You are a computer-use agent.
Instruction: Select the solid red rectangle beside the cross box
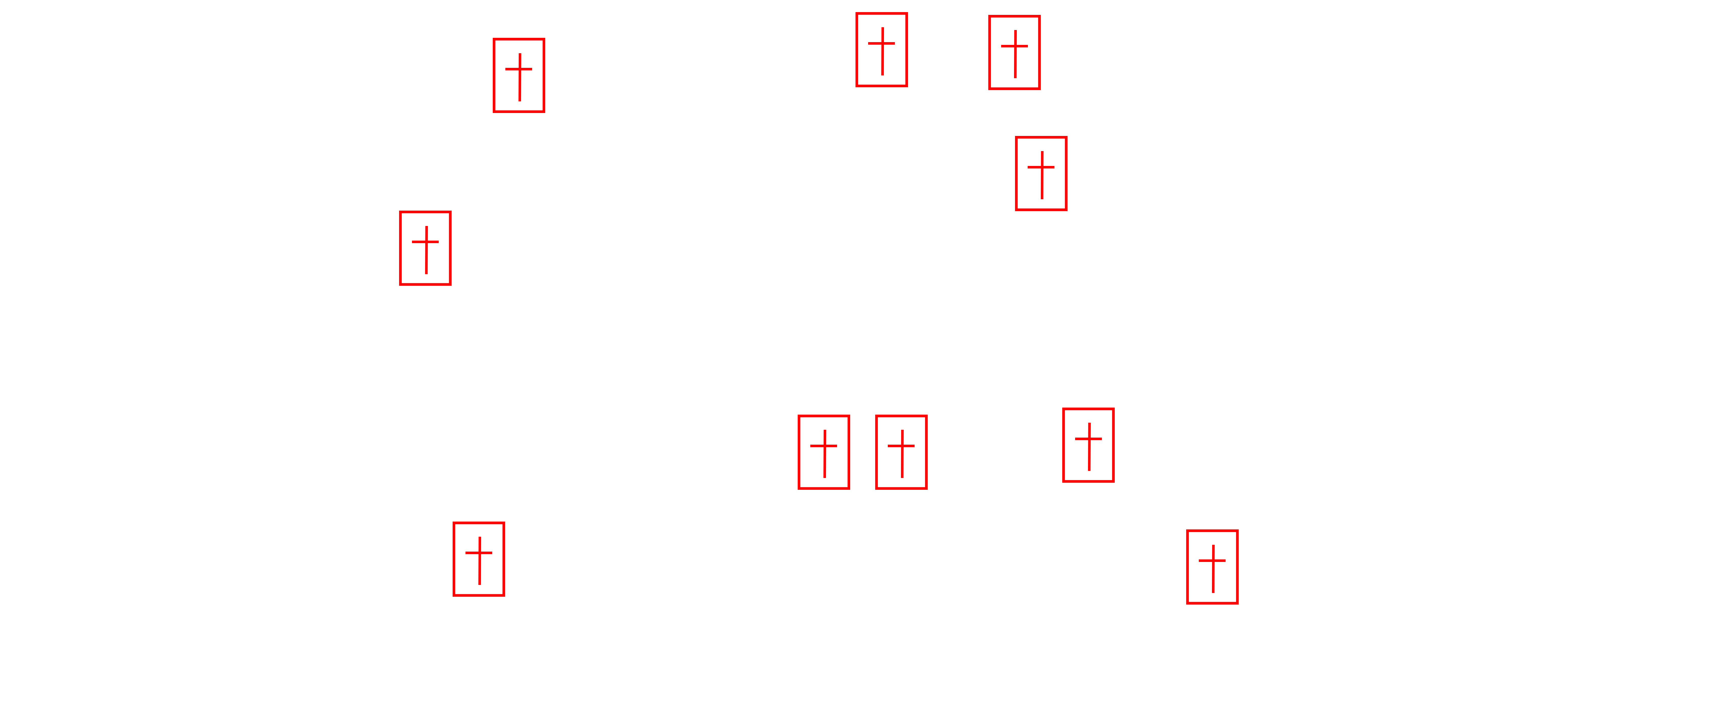(x=824, y=452)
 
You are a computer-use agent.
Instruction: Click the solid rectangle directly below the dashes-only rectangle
(x=1041, y=173)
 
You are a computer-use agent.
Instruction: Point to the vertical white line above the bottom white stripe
(x=449, y=242)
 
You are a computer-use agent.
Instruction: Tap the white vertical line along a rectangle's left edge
(x=456, y=559)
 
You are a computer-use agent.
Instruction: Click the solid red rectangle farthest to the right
(x=1212, y=567)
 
